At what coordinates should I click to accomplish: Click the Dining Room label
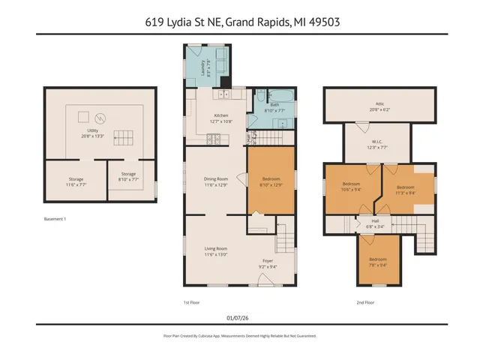coord(216,178)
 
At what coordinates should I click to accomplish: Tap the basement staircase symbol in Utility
coord(121,138)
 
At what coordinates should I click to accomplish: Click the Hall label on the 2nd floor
coord(375,221)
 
